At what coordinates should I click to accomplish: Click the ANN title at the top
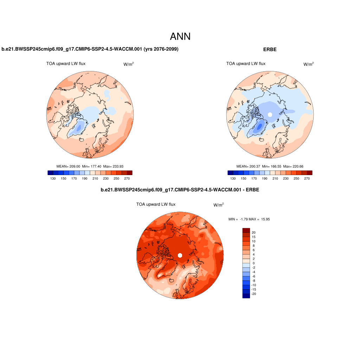pos(180,37)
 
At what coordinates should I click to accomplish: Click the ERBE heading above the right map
pos(270,50)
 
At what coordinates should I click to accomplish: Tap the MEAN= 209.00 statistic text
pos(69,166)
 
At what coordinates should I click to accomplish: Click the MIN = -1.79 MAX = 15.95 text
pos(249,219)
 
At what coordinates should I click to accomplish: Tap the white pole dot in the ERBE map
pos(270,115)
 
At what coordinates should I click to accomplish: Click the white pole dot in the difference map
pos(180,255)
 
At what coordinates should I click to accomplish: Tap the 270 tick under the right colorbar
pos(307,179)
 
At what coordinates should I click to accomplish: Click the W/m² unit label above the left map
pos(128,64)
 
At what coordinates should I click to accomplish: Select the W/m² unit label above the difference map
pos(218,205)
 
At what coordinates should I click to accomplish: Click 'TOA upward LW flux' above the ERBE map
pos(246,64)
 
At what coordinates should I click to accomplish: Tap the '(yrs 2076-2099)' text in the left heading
pos(160,50)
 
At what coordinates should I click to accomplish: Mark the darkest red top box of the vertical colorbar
pos(246,230)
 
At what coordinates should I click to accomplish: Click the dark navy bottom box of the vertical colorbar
pos(246,296)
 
